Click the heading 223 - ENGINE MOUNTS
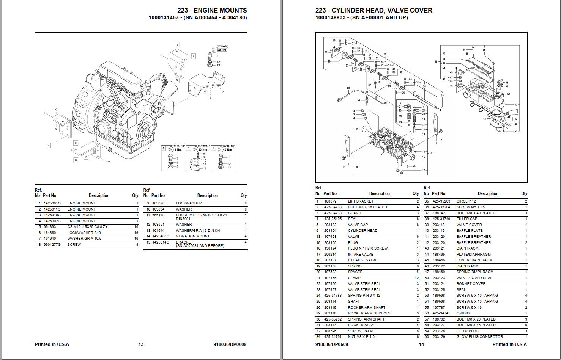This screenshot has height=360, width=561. click(x=212, y=10)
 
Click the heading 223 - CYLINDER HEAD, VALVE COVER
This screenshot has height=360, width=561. click(x=373, y=10)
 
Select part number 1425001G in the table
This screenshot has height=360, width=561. click(x=52, y=203)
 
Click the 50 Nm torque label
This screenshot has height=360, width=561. click(x=222, y=50)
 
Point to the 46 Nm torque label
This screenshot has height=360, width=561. click(x=177, y=149)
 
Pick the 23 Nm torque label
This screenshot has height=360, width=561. click(x=203, y=149)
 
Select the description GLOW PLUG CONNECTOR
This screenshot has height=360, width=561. click(x=479, y=337)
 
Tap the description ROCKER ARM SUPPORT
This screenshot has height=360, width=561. click(x=369, y=313)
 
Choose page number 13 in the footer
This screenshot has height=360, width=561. click(x=141, y=344)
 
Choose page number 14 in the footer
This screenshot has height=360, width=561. click(x=421, y=344)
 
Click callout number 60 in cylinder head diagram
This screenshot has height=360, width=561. click(x=348, y=88)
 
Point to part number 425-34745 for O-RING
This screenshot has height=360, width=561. click(x=441, y=313)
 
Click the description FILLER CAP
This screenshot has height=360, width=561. click(x=467, y=219)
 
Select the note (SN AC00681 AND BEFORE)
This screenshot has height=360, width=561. click(x=200, y=246)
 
